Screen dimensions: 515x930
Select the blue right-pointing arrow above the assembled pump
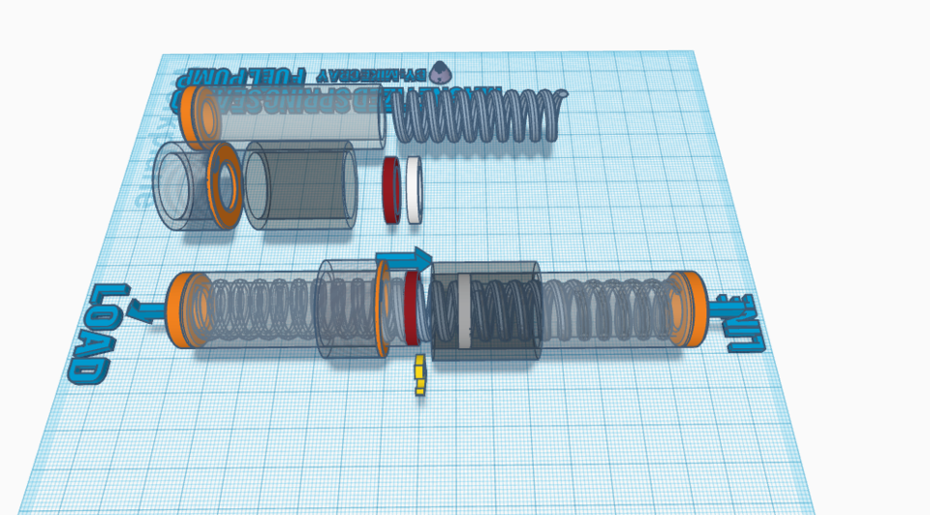point(407,260)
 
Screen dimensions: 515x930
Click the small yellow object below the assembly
point(419,376)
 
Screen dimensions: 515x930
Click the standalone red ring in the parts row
point(392,190)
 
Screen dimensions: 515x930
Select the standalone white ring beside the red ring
point(415,190)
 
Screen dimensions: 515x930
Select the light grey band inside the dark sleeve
point(466,311)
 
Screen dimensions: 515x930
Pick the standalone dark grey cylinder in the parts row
point(300,186)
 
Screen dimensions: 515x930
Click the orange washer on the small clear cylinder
point(224,186)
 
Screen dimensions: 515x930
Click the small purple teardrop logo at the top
point(442,72)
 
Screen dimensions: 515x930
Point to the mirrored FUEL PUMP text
point(258,77)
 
